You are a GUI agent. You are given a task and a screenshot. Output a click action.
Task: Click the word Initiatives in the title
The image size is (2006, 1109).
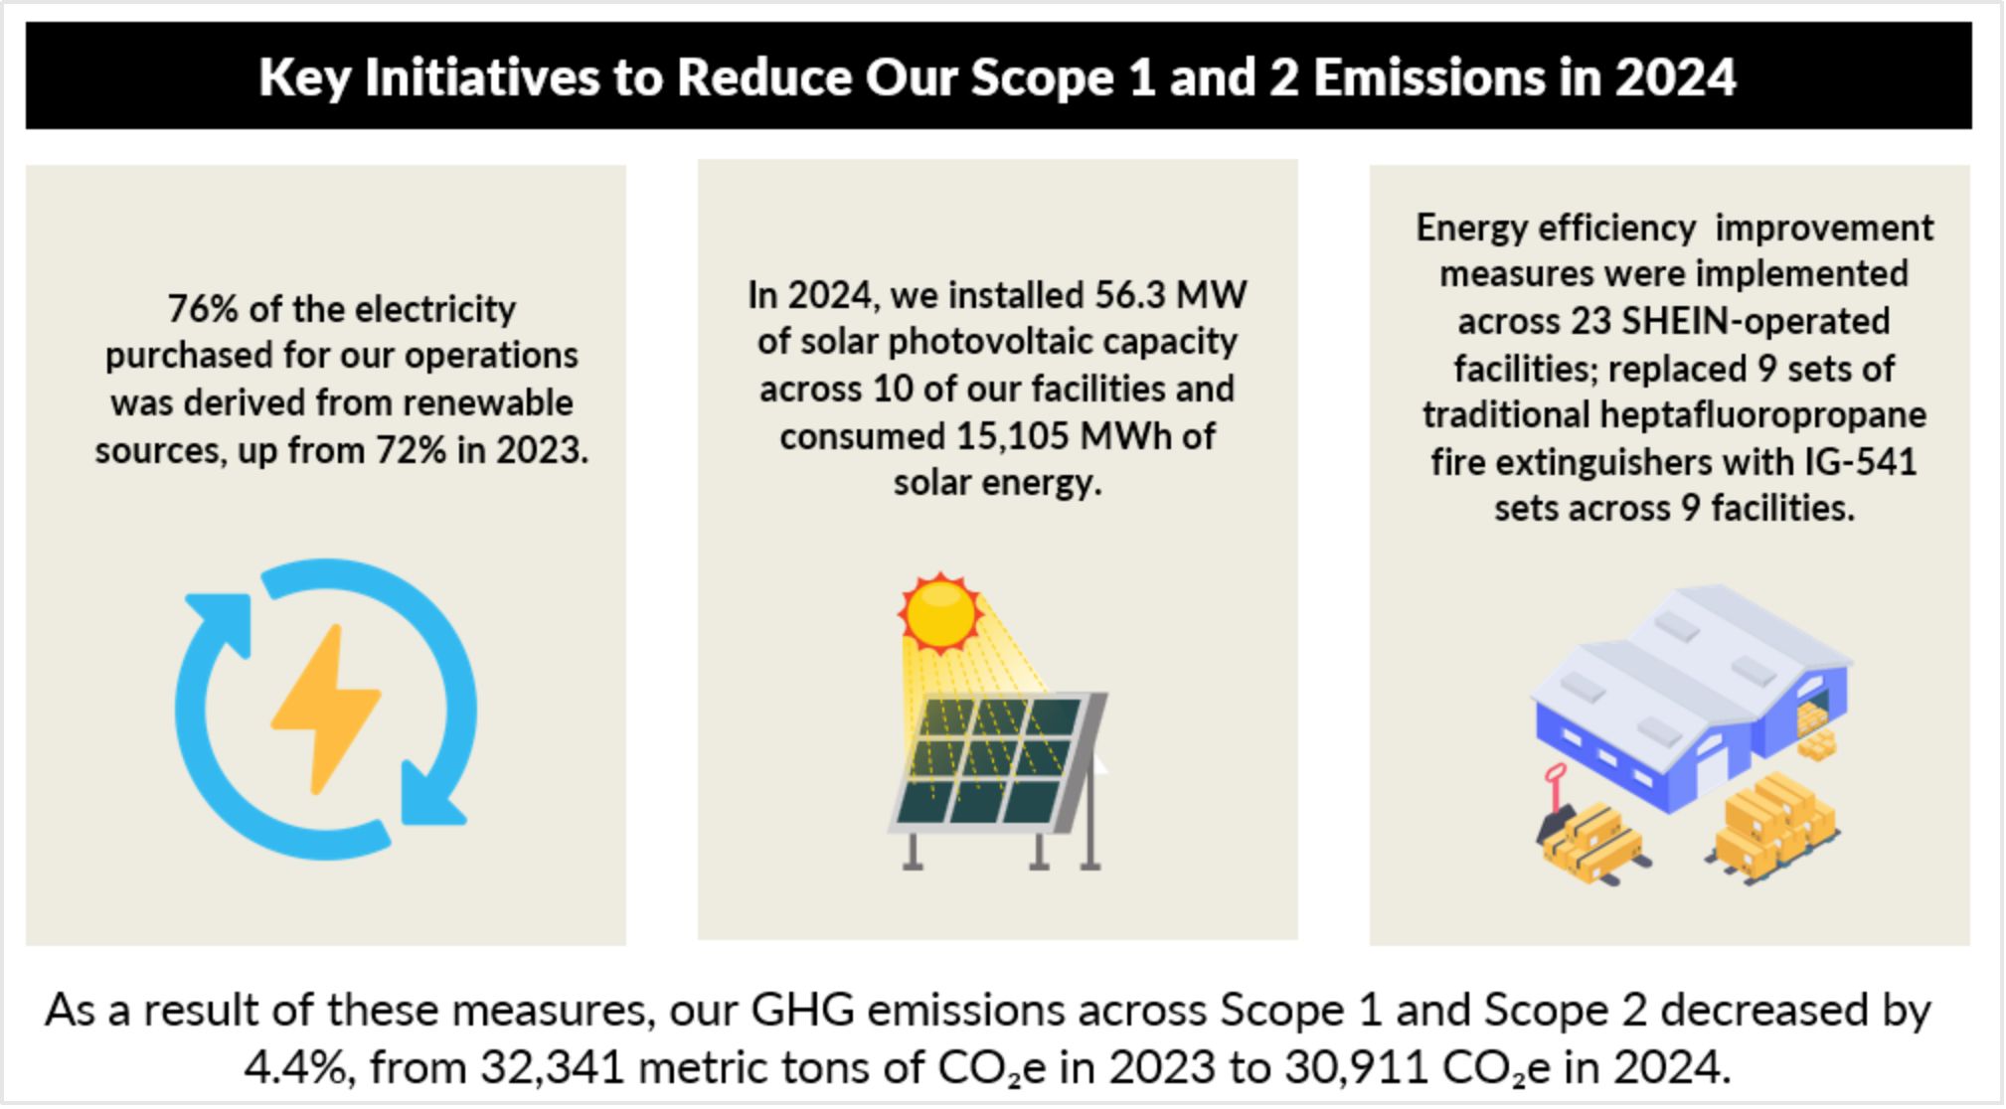(482, 77)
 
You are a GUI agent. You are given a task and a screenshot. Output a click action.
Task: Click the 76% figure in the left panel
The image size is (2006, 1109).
(203, 308)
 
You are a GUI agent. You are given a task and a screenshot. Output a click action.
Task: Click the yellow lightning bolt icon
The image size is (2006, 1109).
(325, 709)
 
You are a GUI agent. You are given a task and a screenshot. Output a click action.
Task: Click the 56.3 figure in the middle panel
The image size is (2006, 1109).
(1129, 294)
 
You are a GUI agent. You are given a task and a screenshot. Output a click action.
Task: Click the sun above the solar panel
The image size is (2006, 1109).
(939, 612)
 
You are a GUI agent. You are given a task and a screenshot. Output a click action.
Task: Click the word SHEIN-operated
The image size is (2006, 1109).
(1755, 321)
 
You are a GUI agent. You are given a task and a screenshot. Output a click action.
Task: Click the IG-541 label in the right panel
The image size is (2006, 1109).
(1860, 462)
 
